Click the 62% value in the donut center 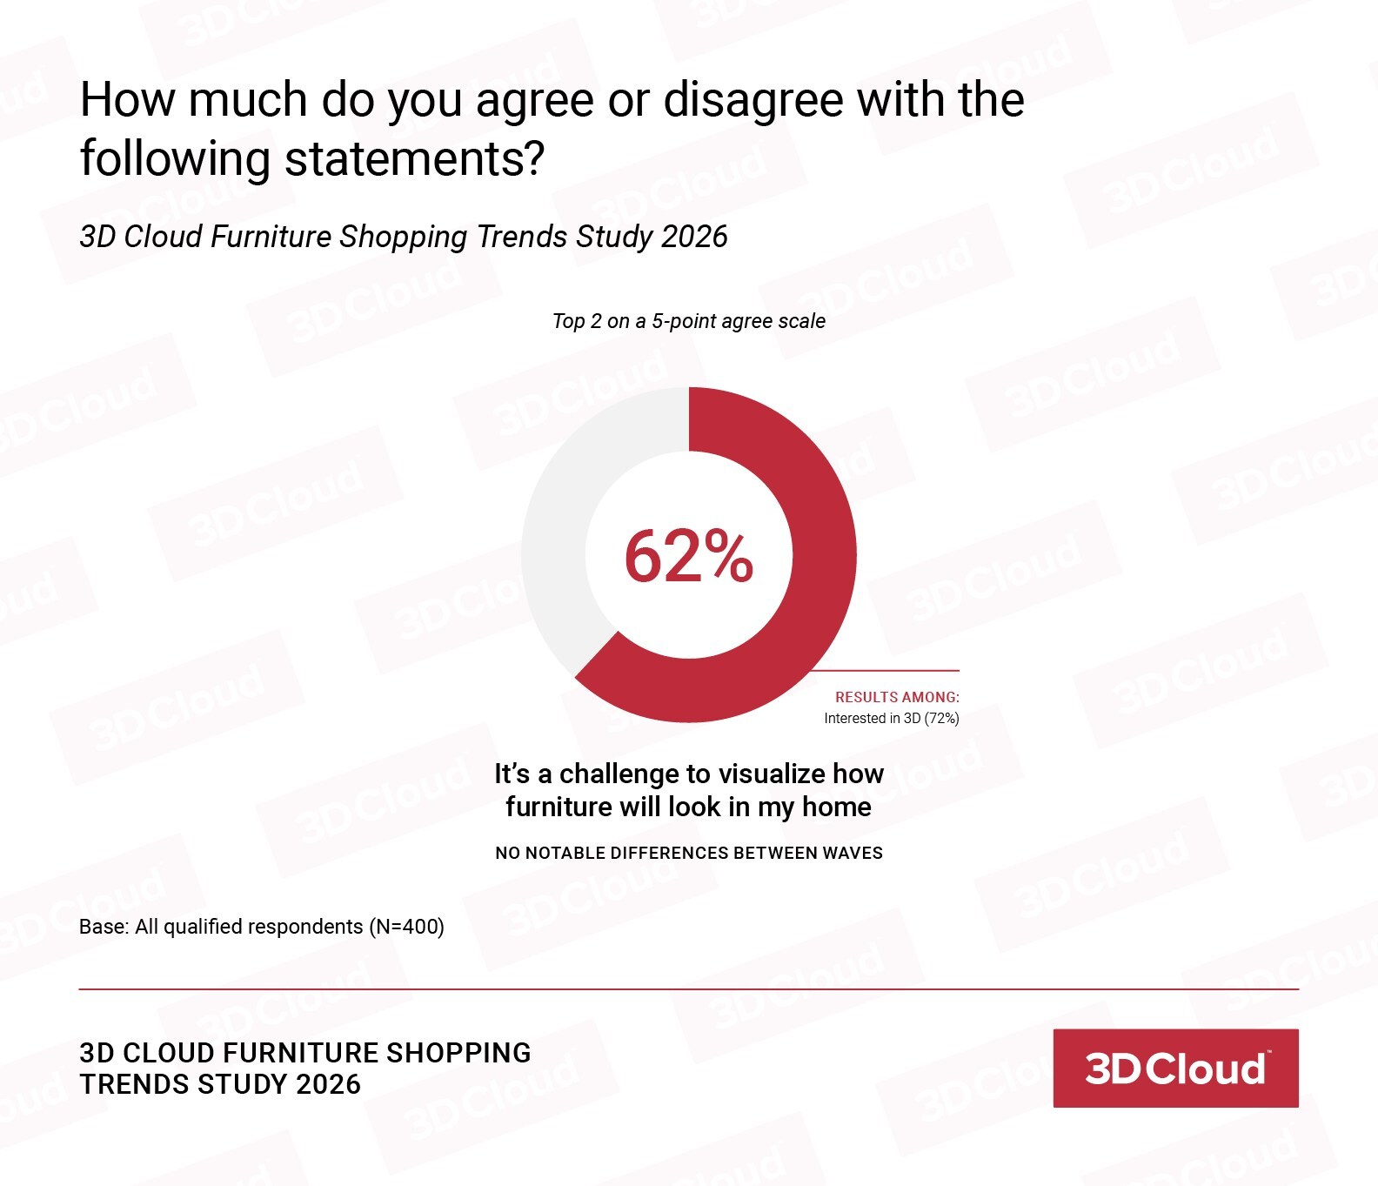[x=688, y=556]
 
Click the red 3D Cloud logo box [x=1175, y=1068]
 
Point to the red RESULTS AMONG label [x=897, y=697]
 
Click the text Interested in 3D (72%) [x=891, y=719]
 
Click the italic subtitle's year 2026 [x=693, y=237]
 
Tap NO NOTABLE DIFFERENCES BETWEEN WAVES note [x=688, y=853]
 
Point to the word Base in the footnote [x=102, y=927]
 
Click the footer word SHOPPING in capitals [x=458, y=1053]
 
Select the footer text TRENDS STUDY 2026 [x=220, y=1084]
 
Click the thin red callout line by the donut [x=887, y=671]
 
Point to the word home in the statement [x=836, y=807]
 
